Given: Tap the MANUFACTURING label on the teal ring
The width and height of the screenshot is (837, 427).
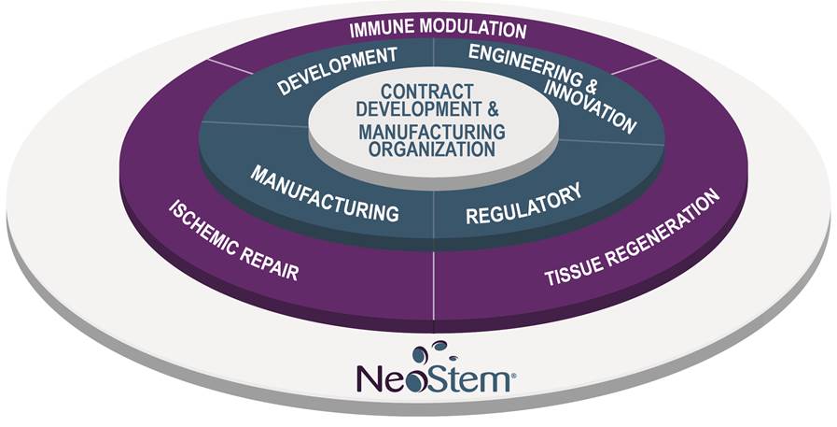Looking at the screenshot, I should coord(326,193).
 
